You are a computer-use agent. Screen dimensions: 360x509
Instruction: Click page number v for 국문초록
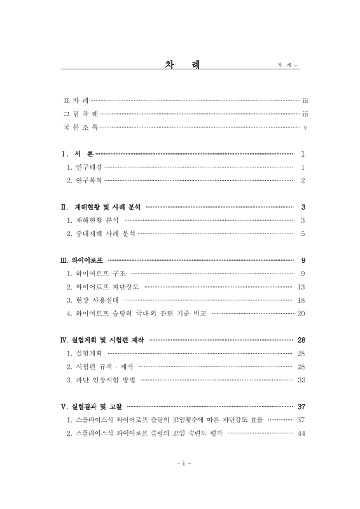coord(305,128)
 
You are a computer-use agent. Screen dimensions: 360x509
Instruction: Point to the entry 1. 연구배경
coord(85,168)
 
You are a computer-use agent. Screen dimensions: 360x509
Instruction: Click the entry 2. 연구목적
coord(85,181)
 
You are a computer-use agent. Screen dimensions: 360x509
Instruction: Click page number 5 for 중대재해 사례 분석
coord(303,234)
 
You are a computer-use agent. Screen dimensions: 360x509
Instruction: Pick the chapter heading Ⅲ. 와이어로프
coord(82,260)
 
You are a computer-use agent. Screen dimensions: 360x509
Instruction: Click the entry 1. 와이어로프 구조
coord(96,274)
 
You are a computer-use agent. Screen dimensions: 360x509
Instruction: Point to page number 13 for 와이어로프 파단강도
coord(301,287)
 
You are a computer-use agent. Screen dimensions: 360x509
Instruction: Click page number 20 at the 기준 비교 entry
coord(301,313)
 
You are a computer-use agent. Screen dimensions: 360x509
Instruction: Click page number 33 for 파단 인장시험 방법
coord(301,380)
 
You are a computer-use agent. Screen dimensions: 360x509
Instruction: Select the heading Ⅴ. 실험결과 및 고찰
coord(92,407)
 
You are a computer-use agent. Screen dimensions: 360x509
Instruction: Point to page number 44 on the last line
coord(301,433)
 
